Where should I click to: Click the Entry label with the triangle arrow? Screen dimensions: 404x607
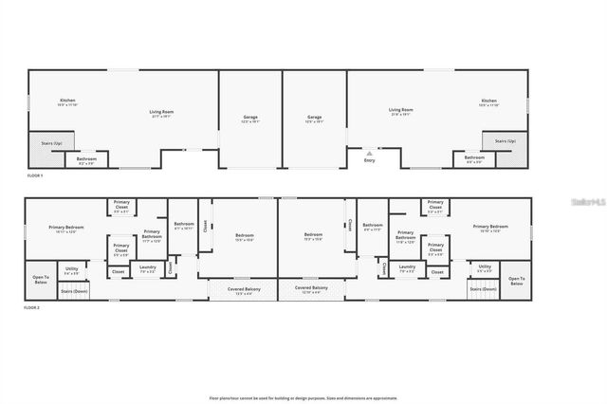pos(370,158)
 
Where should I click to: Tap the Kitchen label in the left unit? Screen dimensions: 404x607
pos(67,101)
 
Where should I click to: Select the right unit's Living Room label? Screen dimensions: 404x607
pos(400,112)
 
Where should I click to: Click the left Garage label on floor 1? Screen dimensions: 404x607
pos(250,119)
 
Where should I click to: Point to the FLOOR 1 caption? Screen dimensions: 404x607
pos(34,176)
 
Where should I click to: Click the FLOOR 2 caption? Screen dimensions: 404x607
pos(34,309)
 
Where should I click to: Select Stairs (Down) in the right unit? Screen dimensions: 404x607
pos(483,289)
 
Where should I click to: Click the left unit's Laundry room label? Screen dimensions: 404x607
pos(147,268)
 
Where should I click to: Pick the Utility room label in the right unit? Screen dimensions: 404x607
pos(485,269)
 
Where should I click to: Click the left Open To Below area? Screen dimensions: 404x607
pos(40,280)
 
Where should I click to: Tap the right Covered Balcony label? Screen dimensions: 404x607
pos(311,288)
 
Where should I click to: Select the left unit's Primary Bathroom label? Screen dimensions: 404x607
pos(152,235)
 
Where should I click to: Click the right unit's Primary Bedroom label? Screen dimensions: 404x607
pos(490,228)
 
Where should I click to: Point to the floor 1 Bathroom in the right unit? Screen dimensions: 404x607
pos(473,158)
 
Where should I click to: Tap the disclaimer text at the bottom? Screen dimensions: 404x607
pos(303,397)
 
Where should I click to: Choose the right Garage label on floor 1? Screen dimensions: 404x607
pos(314,119)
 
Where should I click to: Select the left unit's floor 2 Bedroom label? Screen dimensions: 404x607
pos(245,236)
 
